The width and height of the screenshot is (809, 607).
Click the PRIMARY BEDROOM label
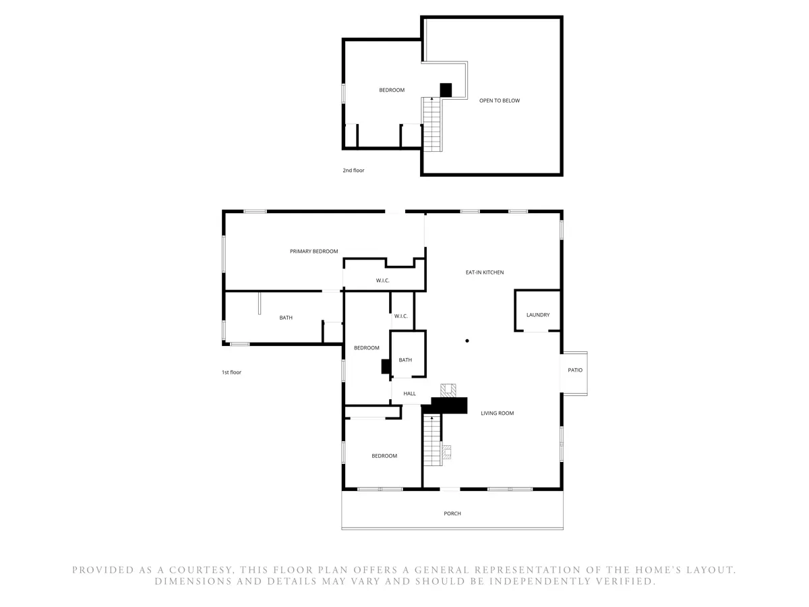click(313, 252)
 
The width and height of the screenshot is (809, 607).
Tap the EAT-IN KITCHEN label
click(484, 272)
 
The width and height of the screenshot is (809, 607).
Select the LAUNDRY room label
click(538, 315)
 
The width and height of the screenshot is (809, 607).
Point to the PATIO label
click(575, 370)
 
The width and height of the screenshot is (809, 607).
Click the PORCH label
click(452, 513)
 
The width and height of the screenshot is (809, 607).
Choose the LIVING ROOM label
click(497, 413)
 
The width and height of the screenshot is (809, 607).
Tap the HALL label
click(409, 394)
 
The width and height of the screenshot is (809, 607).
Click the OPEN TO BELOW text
click(500, 100)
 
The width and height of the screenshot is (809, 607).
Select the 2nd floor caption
click(353, 170)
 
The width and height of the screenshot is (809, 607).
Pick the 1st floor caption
click(231, 372)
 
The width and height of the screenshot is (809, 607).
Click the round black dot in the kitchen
click(467, 341)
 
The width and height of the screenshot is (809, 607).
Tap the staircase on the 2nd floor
click(431, 124)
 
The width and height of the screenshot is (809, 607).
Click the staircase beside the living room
click(432, 440)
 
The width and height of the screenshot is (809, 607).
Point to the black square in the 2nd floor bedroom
click(446, 90)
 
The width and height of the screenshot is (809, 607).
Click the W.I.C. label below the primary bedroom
click(382, 281)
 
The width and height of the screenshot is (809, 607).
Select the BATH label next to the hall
click(405, 359)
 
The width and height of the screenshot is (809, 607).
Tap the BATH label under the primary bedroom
click(286, 317)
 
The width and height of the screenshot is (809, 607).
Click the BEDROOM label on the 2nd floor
click(392, 90)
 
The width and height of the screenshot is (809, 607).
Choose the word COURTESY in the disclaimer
click(200, 570)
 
